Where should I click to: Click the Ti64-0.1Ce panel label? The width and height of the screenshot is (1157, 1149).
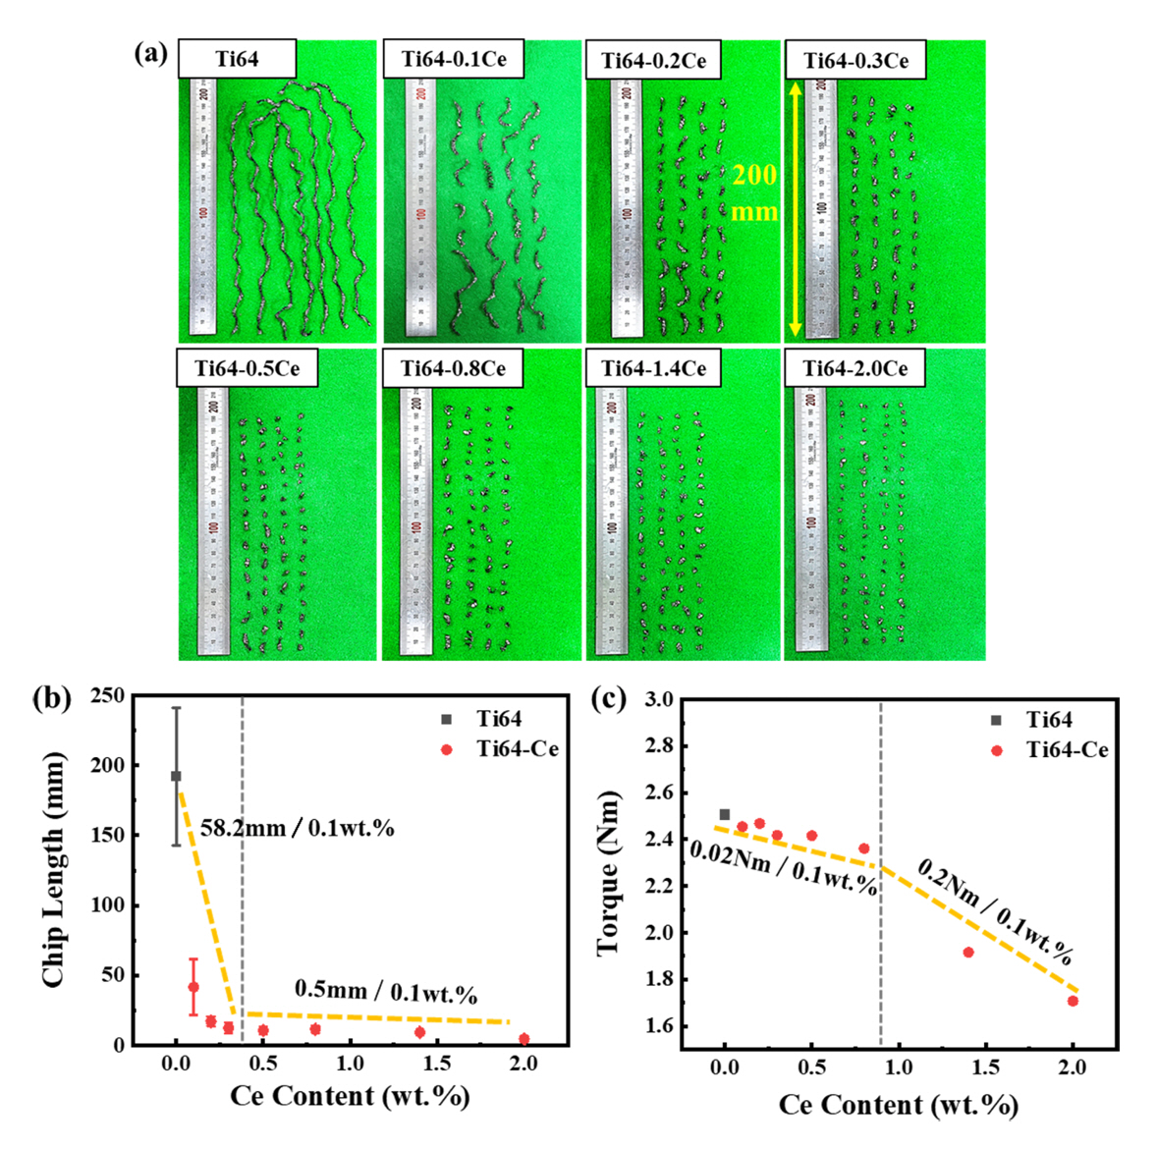click(453, 59)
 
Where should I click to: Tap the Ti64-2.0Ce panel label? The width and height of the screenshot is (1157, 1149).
click(854, 368)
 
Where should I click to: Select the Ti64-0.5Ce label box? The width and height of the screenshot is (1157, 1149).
click(247, 368)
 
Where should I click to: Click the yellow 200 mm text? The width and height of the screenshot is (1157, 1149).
click(754, 192)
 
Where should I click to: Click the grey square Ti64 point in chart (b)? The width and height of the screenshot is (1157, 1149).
click(176, 776)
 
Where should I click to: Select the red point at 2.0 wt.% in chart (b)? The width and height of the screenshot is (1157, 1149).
click(523, 1039)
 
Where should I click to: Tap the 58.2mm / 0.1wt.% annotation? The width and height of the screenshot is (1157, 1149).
click(297, 828)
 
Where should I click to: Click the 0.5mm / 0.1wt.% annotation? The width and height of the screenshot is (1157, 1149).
click(385, 991)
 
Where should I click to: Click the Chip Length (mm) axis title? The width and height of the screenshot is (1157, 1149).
click(54, 870)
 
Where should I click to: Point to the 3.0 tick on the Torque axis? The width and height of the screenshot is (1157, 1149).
click(658, 700)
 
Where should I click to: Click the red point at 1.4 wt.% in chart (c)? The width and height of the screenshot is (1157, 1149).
click(967, 952)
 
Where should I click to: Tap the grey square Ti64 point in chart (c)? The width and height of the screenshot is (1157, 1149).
click(725, 814)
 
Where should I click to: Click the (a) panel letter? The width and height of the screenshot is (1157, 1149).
click(150, 52)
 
